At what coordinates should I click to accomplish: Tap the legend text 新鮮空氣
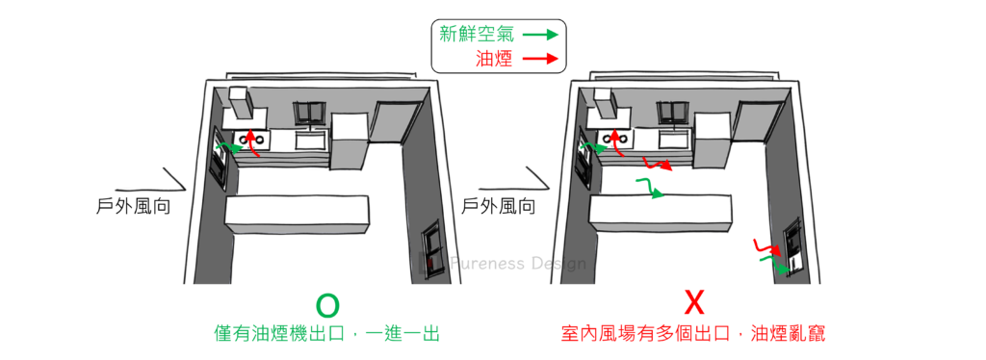coord(476,34)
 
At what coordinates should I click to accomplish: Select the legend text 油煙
coord(494,60)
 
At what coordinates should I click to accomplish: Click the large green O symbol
coord(327,305)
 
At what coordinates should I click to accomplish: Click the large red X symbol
coord(693,304)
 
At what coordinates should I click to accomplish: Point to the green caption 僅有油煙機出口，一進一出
coord(326,334)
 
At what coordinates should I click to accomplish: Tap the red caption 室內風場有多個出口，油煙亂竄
coord(693,333)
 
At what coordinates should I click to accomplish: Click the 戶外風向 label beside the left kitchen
coord(133,207)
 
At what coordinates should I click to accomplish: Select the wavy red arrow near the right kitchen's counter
coord(657,164)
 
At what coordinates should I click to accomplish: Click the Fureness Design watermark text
coord(517,263)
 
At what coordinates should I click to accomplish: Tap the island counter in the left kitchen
coord(297,215)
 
